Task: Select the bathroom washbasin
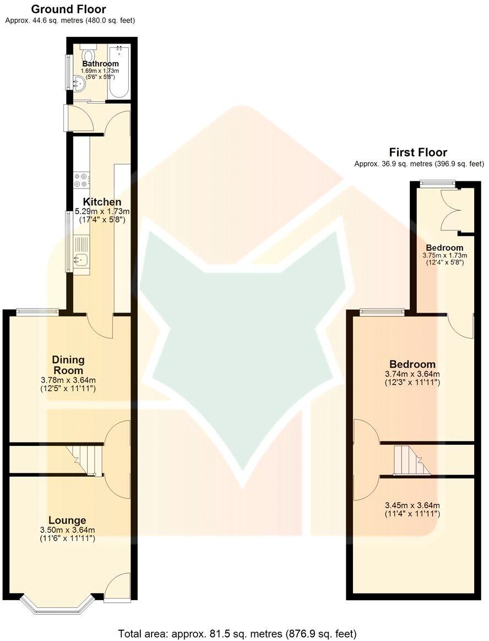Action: [x=78, y=84]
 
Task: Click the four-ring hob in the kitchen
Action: [x=81, y=180]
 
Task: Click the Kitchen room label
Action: [x=102, y=202]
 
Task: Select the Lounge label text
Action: [x=67, y=520]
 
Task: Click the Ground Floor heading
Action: [x=68, y=9]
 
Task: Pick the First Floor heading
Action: [x=418, y=152]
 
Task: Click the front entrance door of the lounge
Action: [x=117, y=586]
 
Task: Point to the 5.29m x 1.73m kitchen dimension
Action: [x=102, y=212]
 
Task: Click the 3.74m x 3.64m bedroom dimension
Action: [x=412, y=374]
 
